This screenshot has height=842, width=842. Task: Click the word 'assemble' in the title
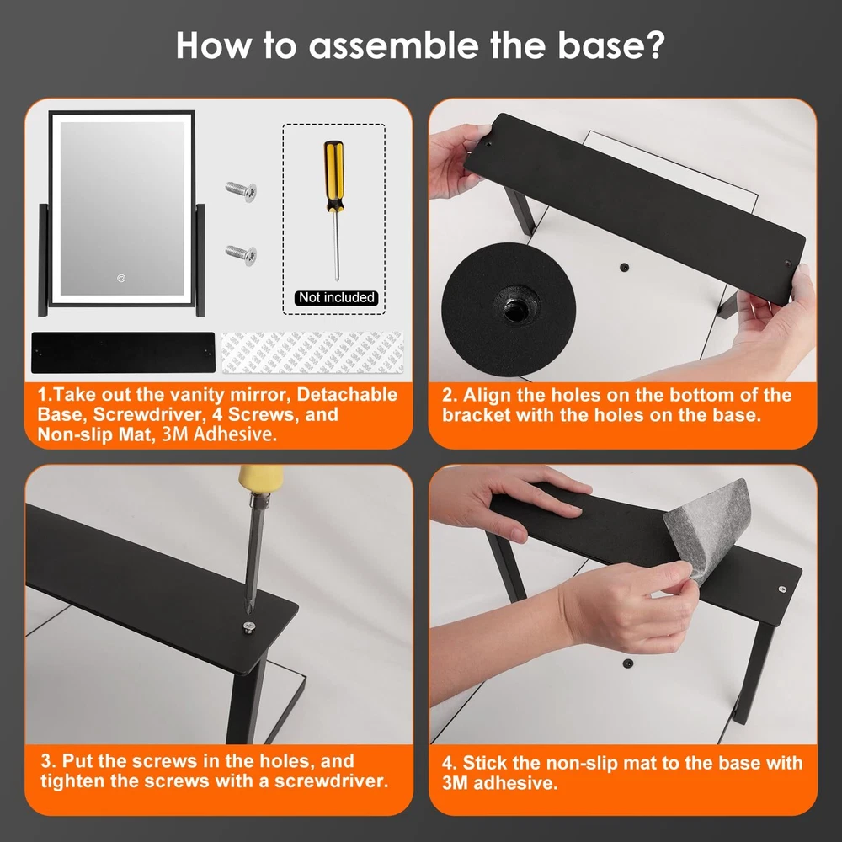[x=393, y=45]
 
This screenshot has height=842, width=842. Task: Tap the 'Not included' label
[x=336, y=297]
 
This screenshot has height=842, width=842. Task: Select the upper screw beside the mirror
[x=241, y=190]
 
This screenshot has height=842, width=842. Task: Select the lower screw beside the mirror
[x=241, y=254]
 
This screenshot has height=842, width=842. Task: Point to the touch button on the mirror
[x=121, y=278]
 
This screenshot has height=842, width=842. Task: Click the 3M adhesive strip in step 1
[x=312, y=352]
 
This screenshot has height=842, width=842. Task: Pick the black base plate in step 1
[x=123, y=352]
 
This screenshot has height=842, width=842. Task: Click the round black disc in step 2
[x=509, y=310]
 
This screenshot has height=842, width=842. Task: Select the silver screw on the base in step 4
[x=782, y=589]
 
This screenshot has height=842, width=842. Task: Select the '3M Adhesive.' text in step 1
[x=219, y=434]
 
